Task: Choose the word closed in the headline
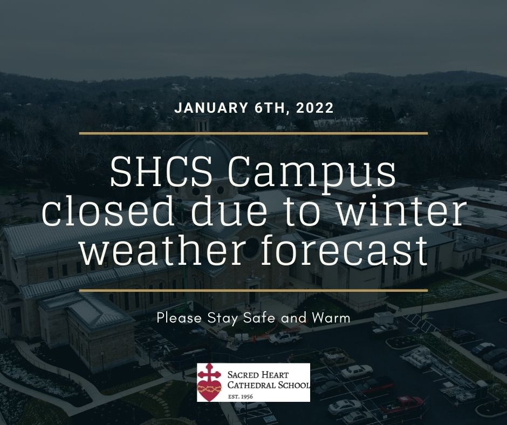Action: coord(108,212)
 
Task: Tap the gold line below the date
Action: coord(253,133)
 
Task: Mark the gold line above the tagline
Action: coord(253,291)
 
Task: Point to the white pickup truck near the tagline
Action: coord(285,338)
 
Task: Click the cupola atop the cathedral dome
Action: coord(202,124)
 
